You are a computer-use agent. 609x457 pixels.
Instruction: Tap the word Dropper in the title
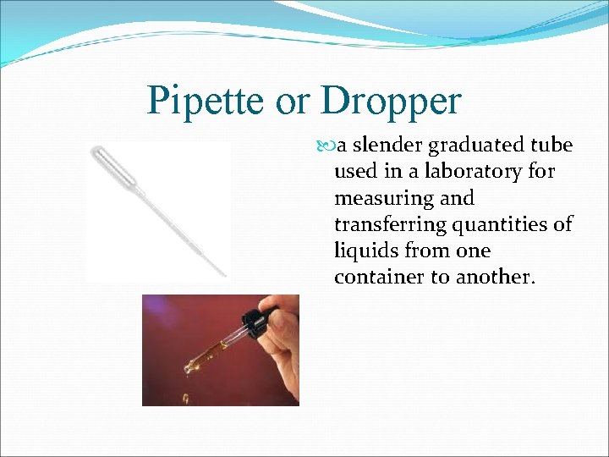tap(391, 102)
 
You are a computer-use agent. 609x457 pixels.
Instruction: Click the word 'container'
tap(381, 278)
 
